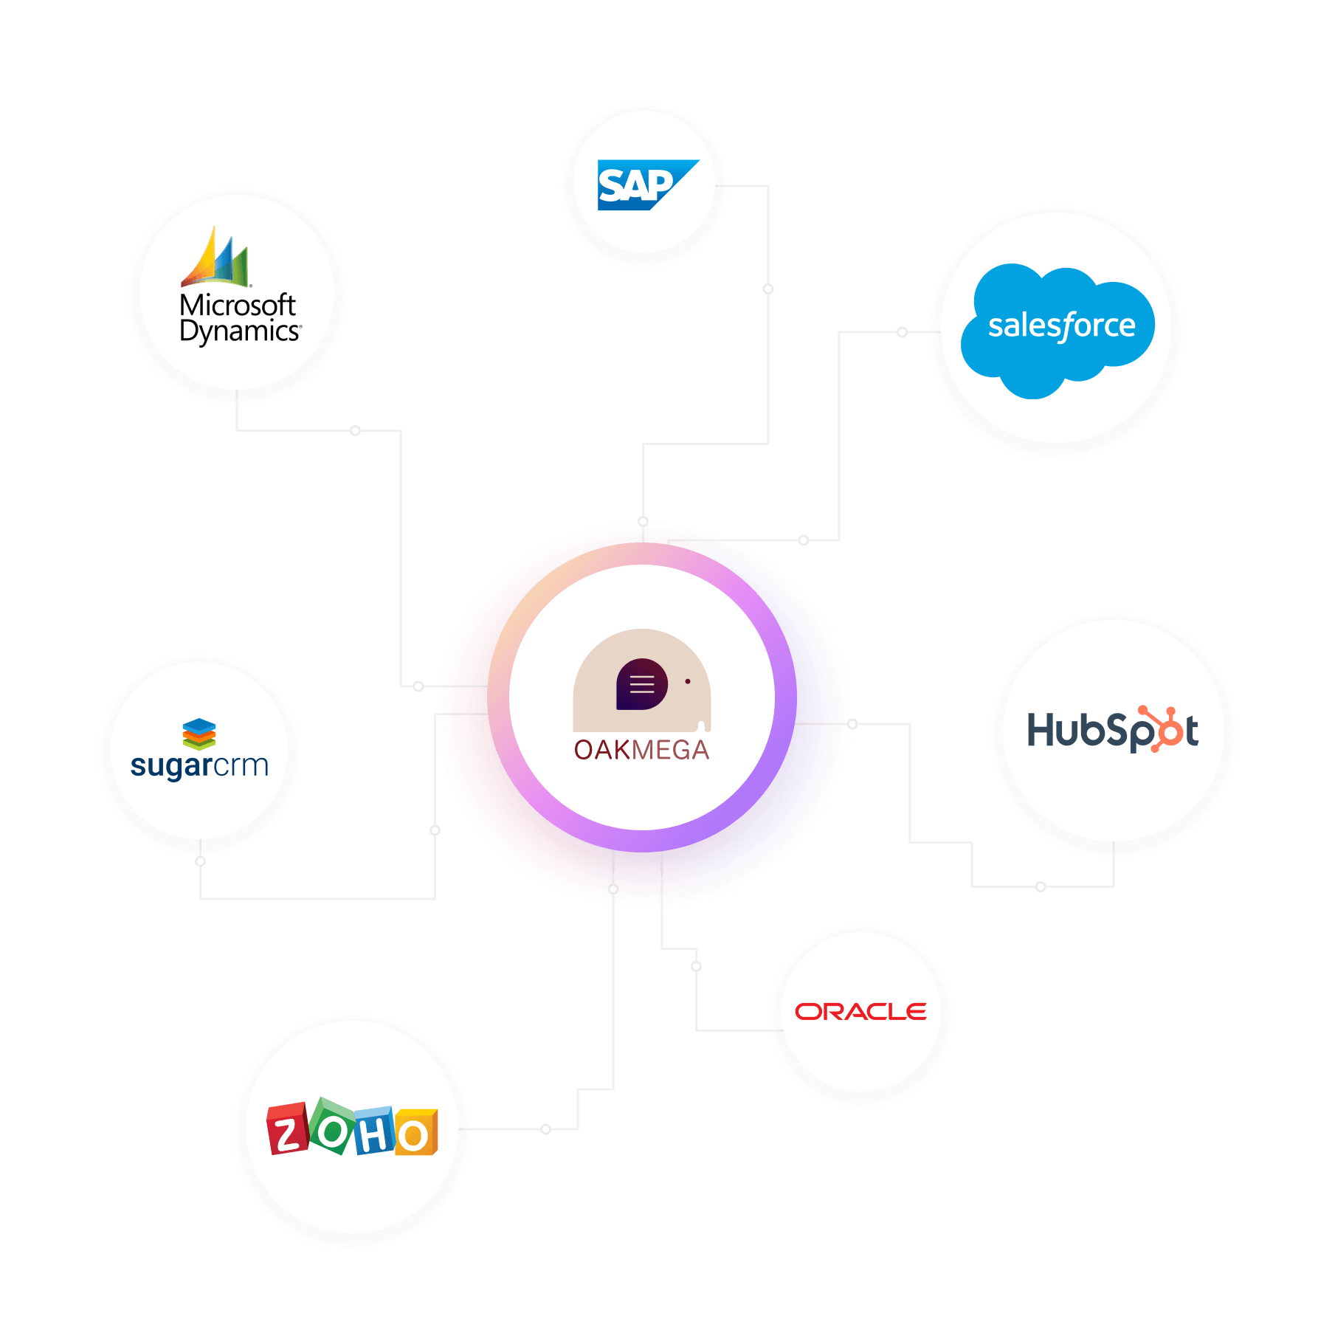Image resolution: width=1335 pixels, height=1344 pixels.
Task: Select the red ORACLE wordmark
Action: click(x=860, y=1012)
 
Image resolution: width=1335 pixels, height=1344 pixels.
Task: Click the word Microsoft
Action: click(x=237, y=305)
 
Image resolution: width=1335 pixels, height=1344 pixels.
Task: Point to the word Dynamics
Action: click(x=240, y=331)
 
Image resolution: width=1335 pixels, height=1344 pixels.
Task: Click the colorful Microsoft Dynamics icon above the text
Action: click(x=216, y=259)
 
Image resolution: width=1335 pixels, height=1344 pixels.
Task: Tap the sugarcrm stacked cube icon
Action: click(x=199, y=734)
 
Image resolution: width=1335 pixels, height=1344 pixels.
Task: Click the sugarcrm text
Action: click(x=199, y=766)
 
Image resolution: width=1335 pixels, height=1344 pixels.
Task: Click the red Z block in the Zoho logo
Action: click(x=287, y=1129)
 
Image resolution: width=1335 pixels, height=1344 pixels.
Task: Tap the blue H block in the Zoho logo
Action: click(x=375, y=1131)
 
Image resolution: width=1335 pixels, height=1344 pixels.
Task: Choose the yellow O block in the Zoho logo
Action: click(x=416, y=1133)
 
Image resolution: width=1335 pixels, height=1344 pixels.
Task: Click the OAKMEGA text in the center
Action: click(x=641, y=750)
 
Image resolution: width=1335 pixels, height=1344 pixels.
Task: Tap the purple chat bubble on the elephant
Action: click(x=641, y=684)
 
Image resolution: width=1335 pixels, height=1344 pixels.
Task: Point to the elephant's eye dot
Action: click(x=688, y=681)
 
